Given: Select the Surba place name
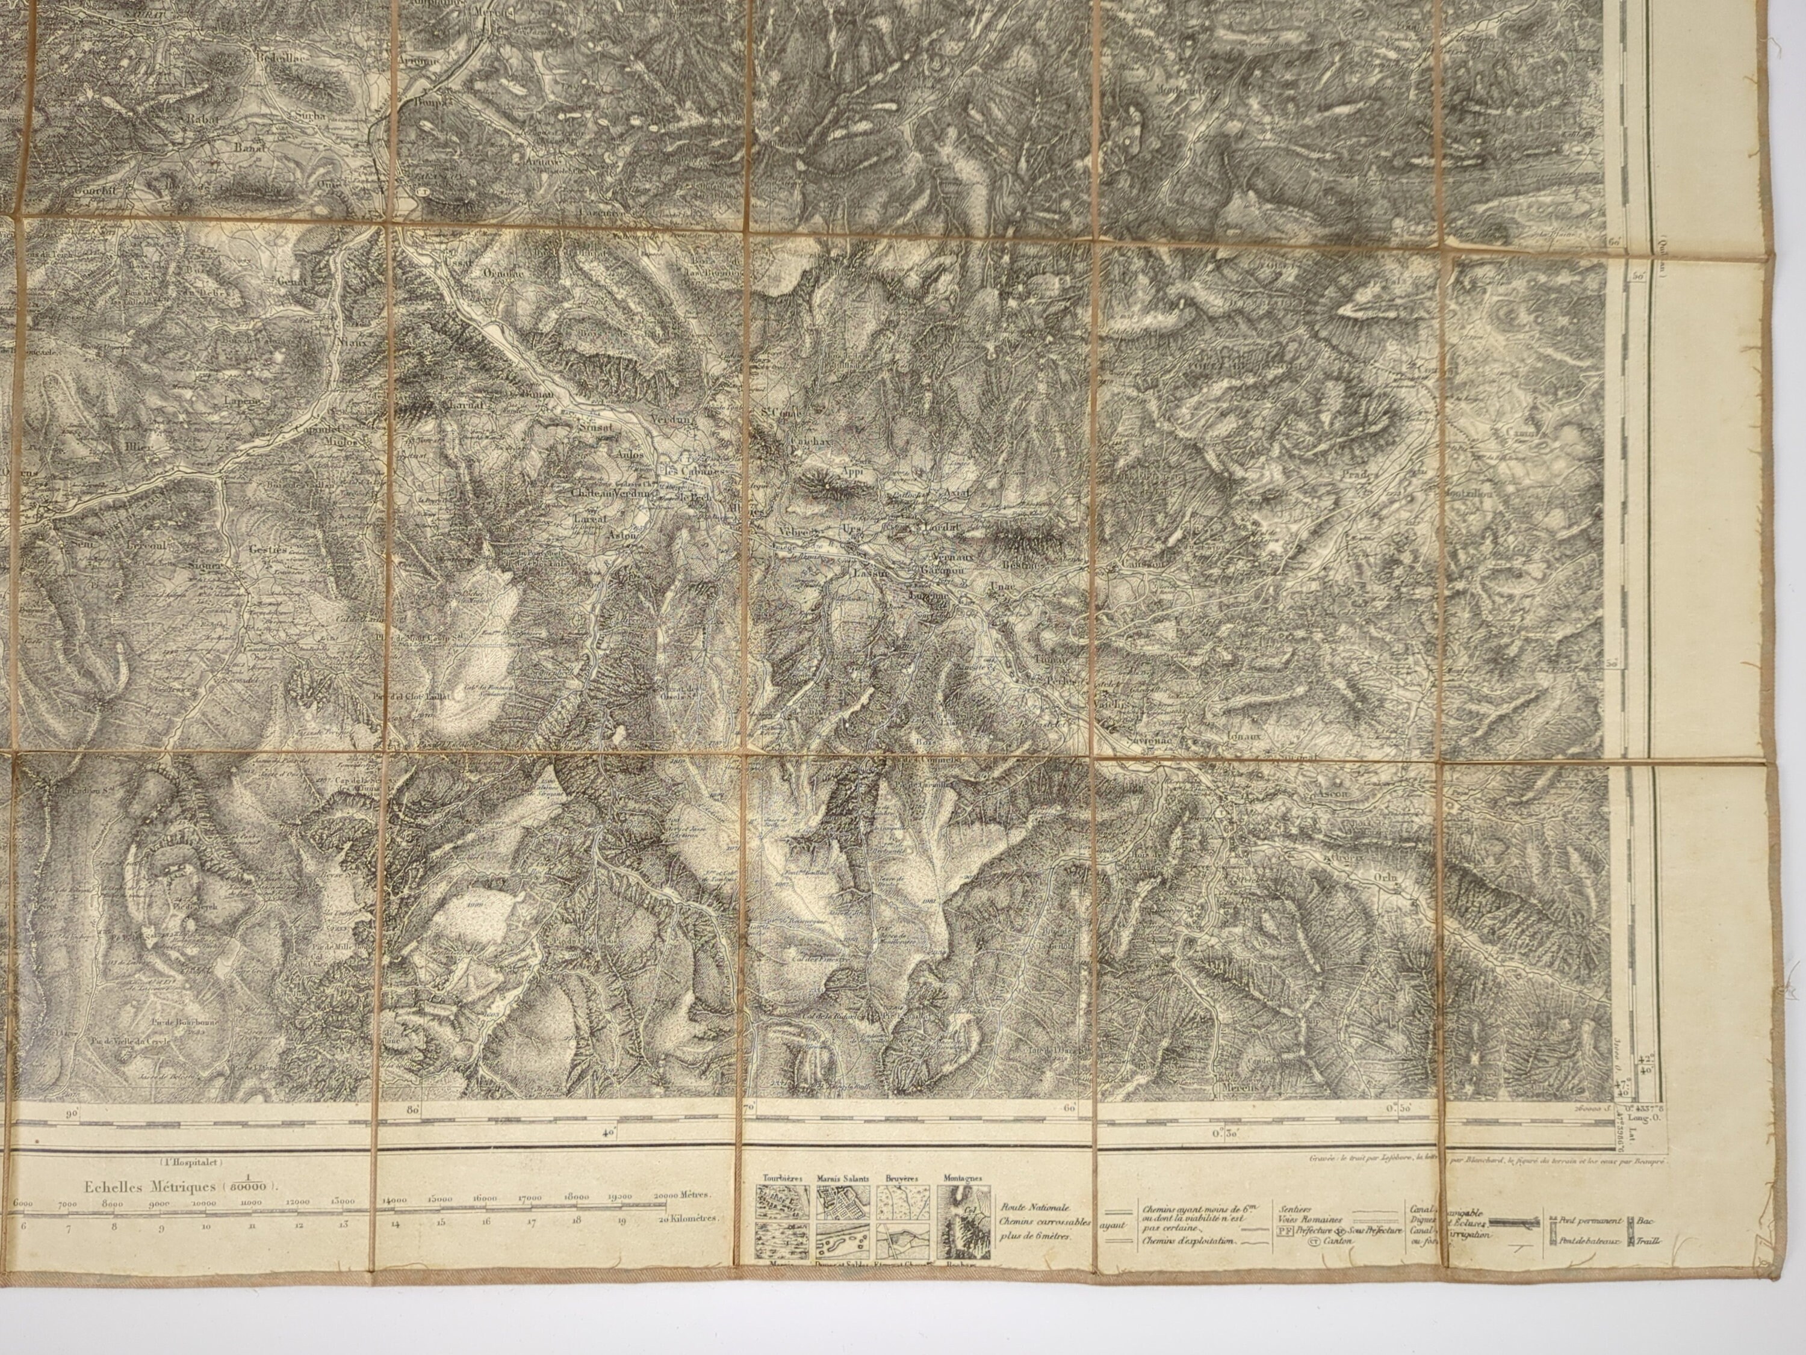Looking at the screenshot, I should [312, 116].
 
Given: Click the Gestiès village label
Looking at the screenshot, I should [270, 549].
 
